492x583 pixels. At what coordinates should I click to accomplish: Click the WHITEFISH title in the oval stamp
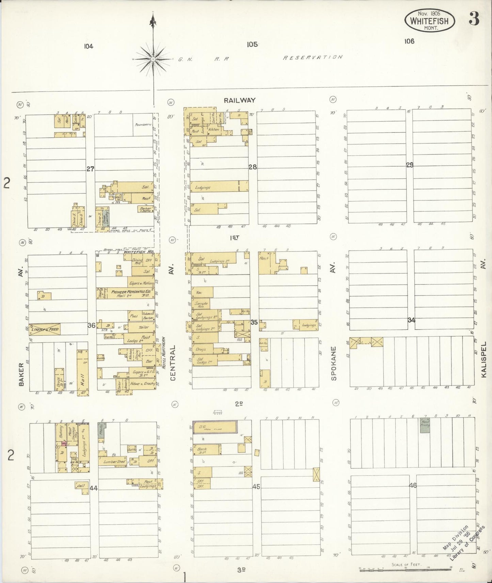pos(429,21)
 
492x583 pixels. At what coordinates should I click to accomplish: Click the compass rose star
pos(153,59)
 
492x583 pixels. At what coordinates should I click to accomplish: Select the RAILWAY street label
pos(239,100)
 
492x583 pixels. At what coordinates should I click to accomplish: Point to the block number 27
pos(90,169)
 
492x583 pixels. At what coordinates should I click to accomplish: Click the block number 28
pos(252,167)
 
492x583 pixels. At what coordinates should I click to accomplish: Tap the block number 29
pos(410,165)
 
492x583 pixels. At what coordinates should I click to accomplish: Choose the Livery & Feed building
pos(45,329)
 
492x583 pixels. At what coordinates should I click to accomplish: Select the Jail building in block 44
pos(81,486)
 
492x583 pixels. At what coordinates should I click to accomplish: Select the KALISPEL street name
pos(484,359)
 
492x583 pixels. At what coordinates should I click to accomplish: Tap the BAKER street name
pos(21,374)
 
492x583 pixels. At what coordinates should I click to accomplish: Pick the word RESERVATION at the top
pos(313,57)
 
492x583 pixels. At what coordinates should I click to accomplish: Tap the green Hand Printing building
pos(425,425)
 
